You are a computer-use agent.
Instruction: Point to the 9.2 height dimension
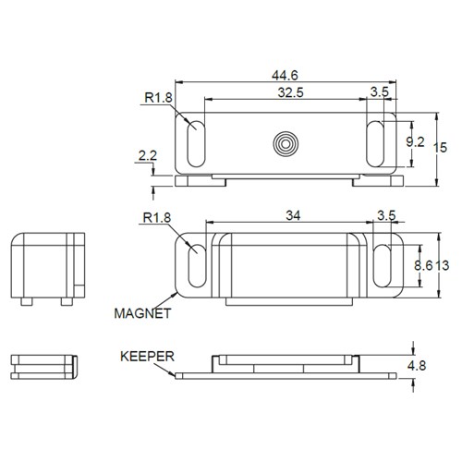(x=416, y=141)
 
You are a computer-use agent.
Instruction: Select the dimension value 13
(x=444, y=265)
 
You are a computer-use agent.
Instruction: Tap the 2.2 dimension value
(x=147, y=158)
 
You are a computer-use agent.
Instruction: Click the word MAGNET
(x=142, y=314)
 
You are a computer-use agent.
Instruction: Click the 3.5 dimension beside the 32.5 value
(x=380, y=92)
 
